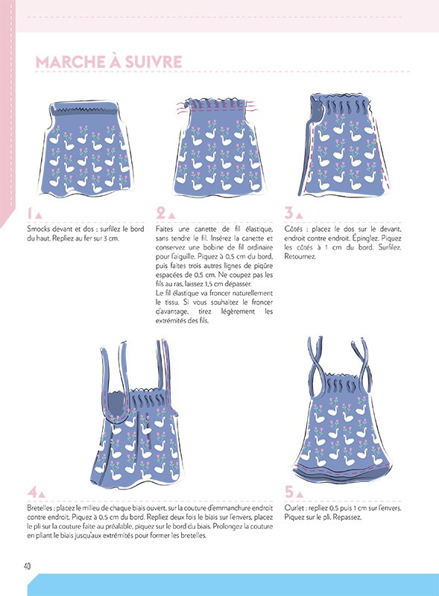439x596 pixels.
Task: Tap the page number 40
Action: click(x=28, y=565)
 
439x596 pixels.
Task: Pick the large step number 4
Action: click(x=31, y=492)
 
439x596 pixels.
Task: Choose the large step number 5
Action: click(x=290, y=492)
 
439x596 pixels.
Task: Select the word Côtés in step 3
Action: click(x=294, y=228)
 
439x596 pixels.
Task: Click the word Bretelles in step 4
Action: click(x=41, y=507)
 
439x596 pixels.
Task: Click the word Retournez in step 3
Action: click(x=300, y=257)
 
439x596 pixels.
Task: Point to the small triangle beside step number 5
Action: click(x=301, y=494)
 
